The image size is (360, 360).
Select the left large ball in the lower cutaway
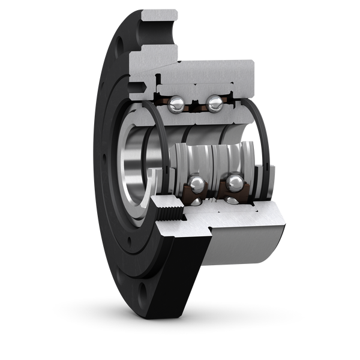[x=196, y=183]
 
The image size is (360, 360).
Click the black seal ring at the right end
[x=265, y=150]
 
